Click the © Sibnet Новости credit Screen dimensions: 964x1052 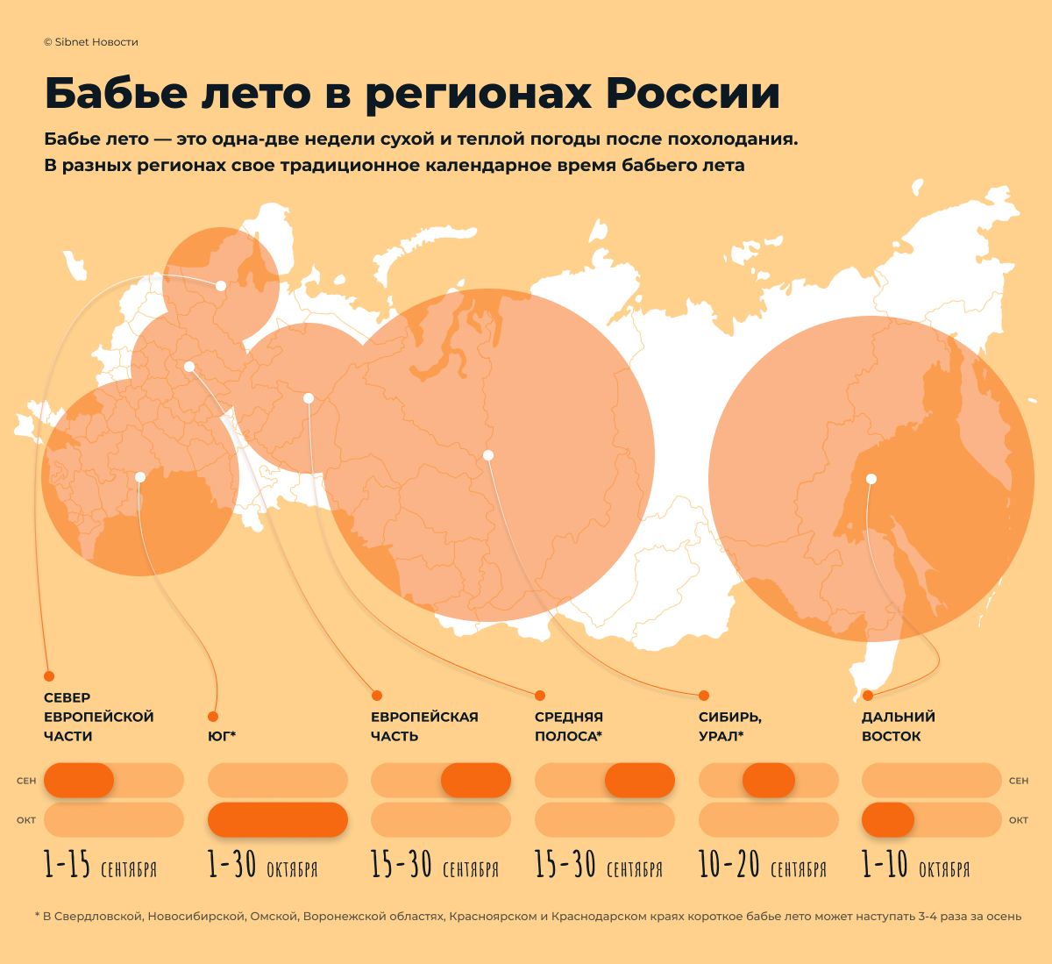(90, 42)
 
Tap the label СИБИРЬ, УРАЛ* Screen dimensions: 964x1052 (729, 726)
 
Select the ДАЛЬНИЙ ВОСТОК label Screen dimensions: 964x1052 (898, 726)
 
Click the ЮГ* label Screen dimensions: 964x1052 (222, 736)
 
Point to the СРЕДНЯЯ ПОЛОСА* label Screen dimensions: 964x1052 (568, 726)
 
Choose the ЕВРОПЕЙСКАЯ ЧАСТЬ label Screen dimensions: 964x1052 (423, 726)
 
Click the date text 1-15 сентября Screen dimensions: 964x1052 (100, 866)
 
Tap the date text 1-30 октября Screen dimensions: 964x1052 (262, 866)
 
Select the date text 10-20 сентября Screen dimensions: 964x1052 (762, 866)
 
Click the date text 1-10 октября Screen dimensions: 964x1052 (915, 866)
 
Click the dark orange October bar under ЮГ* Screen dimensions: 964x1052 (277, 819)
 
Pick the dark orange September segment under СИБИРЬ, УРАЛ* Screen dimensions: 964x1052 (768, 780)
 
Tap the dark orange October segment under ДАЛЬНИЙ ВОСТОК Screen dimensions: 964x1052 (887, 819)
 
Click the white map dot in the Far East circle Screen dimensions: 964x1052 (871, 479)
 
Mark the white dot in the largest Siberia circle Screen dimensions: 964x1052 (488, 455)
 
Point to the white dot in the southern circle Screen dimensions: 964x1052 (140, 477)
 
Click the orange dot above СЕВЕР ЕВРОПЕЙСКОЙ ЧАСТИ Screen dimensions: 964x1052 (49, 676)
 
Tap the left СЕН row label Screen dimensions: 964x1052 (26, 781)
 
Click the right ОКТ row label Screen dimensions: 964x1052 (1018, 820)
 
